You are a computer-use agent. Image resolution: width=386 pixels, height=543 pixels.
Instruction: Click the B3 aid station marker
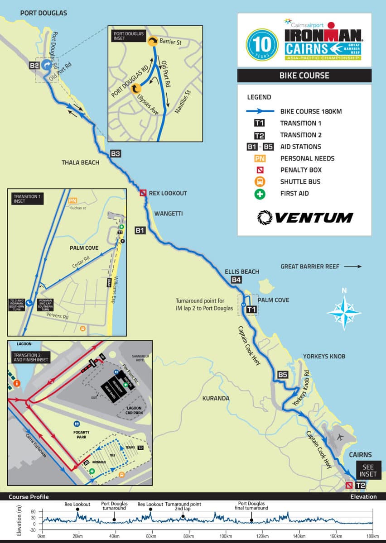pyautogui.click(x=116, y=154)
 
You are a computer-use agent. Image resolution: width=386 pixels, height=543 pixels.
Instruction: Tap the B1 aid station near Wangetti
pyautogui.click(x=140, y=231)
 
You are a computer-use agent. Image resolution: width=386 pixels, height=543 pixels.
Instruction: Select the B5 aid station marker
pyautogui.click(x=282, y=375)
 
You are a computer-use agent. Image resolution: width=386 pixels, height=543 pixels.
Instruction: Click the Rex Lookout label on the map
pyautogui.click(x=168, y=193)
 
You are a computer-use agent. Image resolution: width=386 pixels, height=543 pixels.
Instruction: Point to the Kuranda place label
pyautogui.click(x=216, y=398)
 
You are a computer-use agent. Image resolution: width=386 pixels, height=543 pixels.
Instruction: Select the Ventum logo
pyautogui.click(x=304, y=218)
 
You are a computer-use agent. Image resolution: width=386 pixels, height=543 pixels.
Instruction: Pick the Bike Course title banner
pyautogui.click(x=304, y=75)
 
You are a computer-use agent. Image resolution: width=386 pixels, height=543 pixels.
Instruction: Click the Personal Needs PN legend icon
pyautogui.click(x=260, y=158)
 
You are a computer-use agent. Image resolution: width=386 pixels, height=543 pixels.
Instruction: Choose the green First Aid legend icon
pyautogui.click(x=260, y=194)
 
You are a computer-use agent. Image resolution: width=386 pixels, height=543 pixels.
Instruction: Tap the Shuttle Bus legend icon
pyautogui.click(x=260, y=182)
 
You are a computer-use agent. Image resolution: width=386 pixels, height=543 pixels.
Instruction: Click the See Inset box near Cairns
pyautogui.click(x=367, y=471)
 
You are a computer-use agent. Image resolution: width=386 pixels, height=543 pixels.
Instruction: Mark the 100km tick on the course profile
pyautogui.click(x=225, y=536)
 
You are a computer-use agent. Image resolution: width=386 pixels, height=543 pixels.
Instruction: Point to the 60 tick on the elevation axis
pyautogui.click(x=33, y=512)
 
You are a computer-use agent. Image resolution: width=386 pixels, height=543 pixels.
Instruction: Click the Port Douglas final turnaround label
pyautogui.click(x=252, y=505)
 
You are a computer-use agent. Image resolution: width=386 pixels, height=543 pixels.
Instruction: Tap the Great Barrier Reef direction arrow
pyautogui.click(x=353, y=267)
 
